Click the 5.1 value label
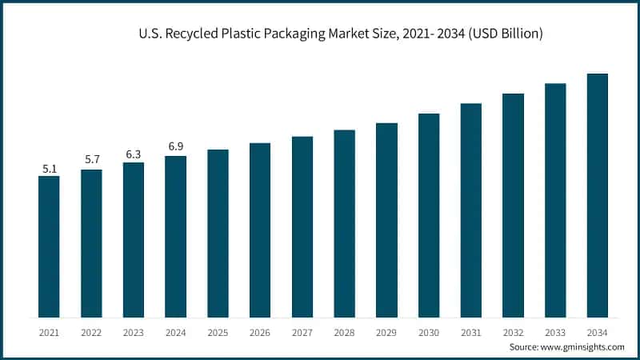point(49,169)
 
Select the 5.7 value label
point(91,160)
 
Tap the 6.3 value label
point(134,154)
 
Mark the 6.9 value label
point(175,146)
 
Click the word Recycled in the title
point(193,34)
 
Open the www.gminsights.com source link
point(582,347)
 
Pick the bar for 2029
point(386,219)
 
